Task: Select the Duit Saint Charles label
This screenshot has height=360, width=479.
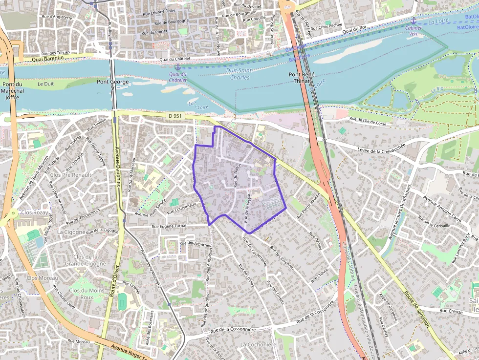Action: click(239, 74)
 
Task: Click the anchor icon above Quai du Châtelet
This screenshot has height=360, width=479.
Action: click(178, 66)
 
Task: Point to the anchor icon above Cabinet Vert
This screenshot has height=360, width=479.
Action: click(414, 21)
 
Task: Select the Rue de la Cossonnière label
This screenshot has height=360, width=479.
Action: click(233, 330)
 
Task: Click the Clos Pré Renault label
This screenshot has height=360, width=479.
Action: click(71, 174)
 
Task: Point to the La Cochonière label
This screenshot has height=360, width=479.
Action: click(258, 345)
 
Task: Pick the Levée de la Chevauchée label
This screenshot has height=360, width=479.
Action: click(381, 146)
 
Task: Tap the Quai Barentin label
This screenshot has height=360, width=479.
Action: click(48, 58)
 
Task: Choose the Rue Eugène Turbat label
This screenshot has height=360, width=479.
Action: click(169, 227)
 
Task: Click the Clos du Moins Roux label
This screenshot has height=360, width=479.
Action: click(87, 294)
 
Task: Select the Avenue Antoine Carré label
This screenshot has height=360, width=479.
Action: click(442, 208)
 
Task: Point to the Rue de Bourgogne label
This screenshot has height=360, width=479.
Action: click(171, 22)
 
